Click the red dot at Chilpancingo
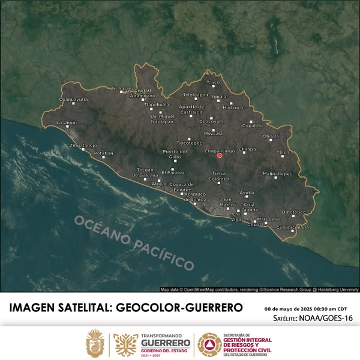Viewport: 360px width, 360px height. (220, 155)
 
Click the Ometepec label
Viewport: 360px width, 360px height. (293, 212)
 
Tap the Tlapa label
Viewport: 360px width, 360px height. (283, 152)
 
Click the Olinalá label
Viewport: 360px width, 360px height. (271, 136)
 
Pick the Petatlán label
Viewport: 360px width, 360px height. (103, 153)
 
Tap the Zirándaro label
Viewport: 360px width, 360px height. (122, 88)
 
